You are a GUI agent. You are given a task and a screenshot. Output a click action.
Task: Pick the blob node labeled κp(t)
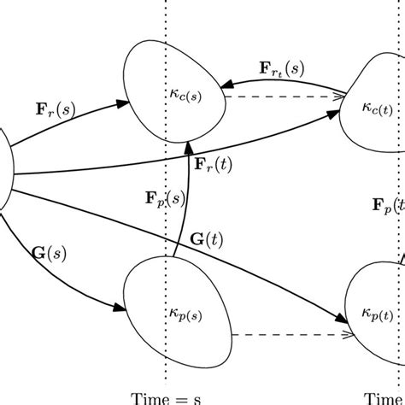[x=376, y=316]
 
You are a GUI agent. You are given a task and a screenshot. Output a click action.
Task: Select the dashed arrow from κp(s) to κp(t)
[x=286, y=335]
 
